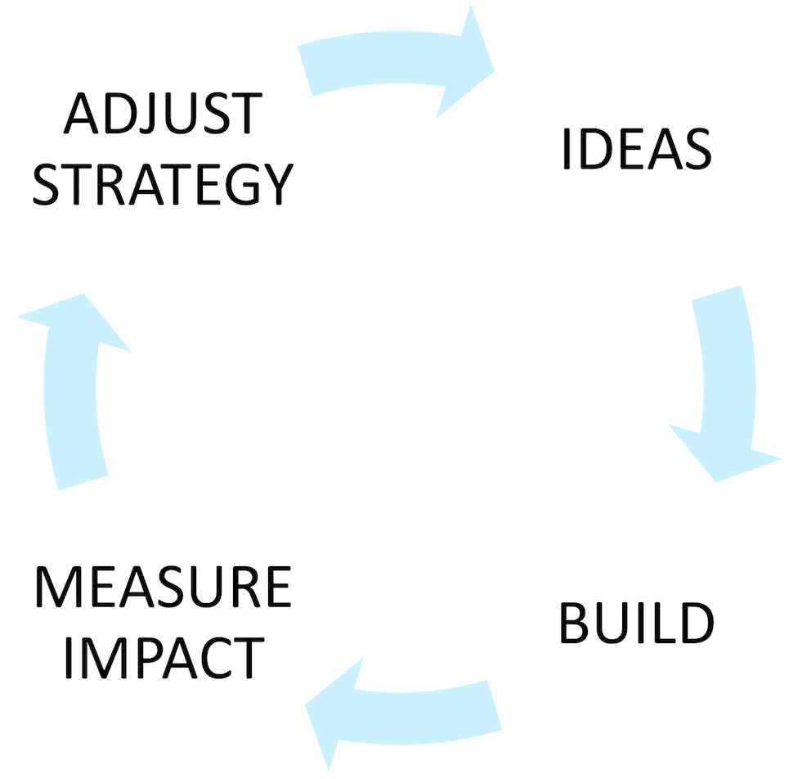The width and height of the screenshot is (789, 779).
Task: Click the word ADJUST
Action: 163,115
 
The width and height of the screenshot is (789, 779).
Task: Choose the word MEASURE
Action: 163,588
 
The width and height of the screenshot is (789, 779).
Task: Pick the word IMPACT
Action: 163,657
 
